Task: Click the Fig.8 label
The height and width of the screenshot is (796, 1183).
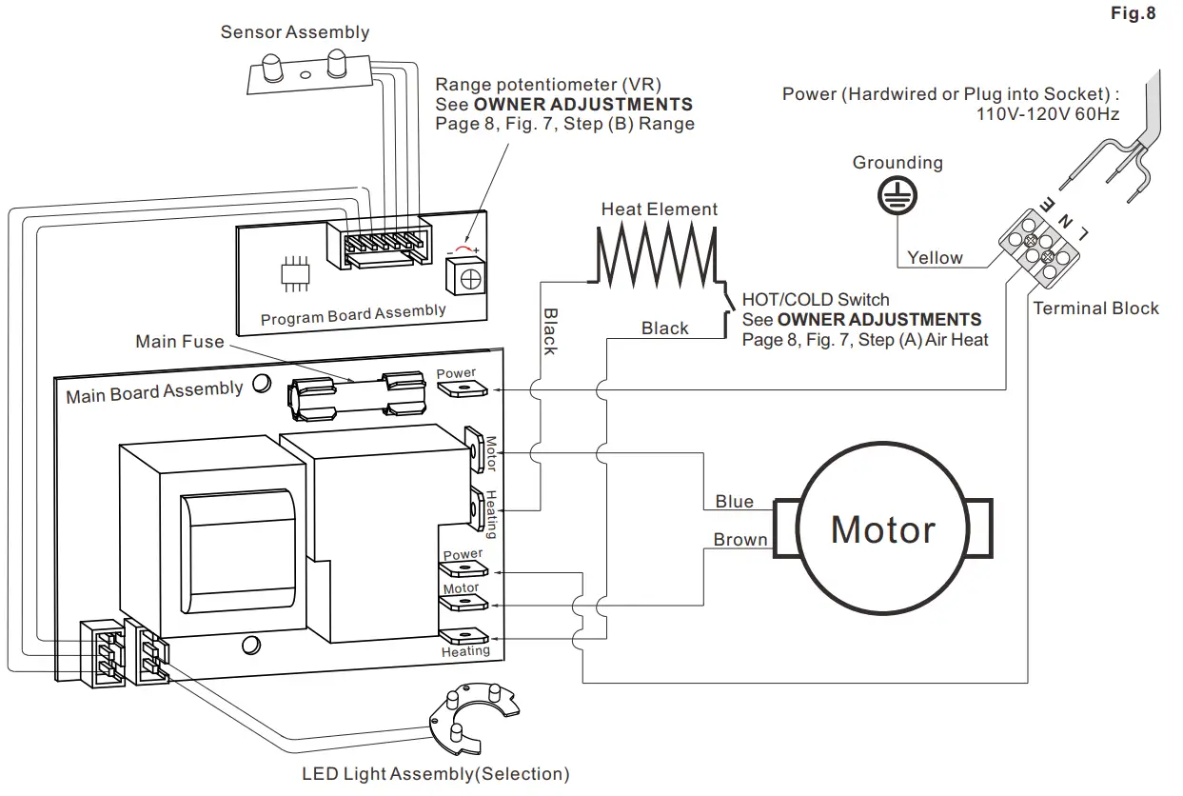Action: [1133, 15]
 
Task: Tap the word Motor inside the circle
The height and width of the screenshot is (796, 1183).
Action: [882, 529]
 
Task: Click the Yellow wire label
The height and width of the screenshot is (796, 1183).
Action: [935, 258]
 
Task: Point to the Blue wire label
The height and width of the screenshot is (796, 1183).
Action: [734, 502]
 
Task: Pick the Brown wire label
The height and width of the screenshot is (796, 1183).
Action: [739, 540]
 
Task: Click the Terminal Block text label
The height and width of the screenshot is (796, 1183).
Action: [1095, 308]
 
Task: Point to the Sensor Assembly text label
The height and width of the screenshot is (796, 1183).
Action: [294, 32]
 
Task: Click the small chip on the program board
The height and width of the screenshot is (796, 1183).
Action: [296, 272]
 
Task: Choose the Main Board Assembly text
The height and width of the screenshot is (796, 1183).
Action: [153, 391]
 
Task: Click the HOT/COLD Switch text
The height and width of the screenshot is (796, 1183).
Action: [816, 299]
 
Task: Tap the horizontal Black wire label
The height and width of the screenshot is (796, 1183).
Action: [664, 328]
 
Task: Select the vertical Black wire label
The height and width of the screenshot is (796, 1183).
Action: [550, 330]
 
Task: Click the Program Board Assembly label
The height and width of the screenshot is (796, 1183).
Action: [352, 315]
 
